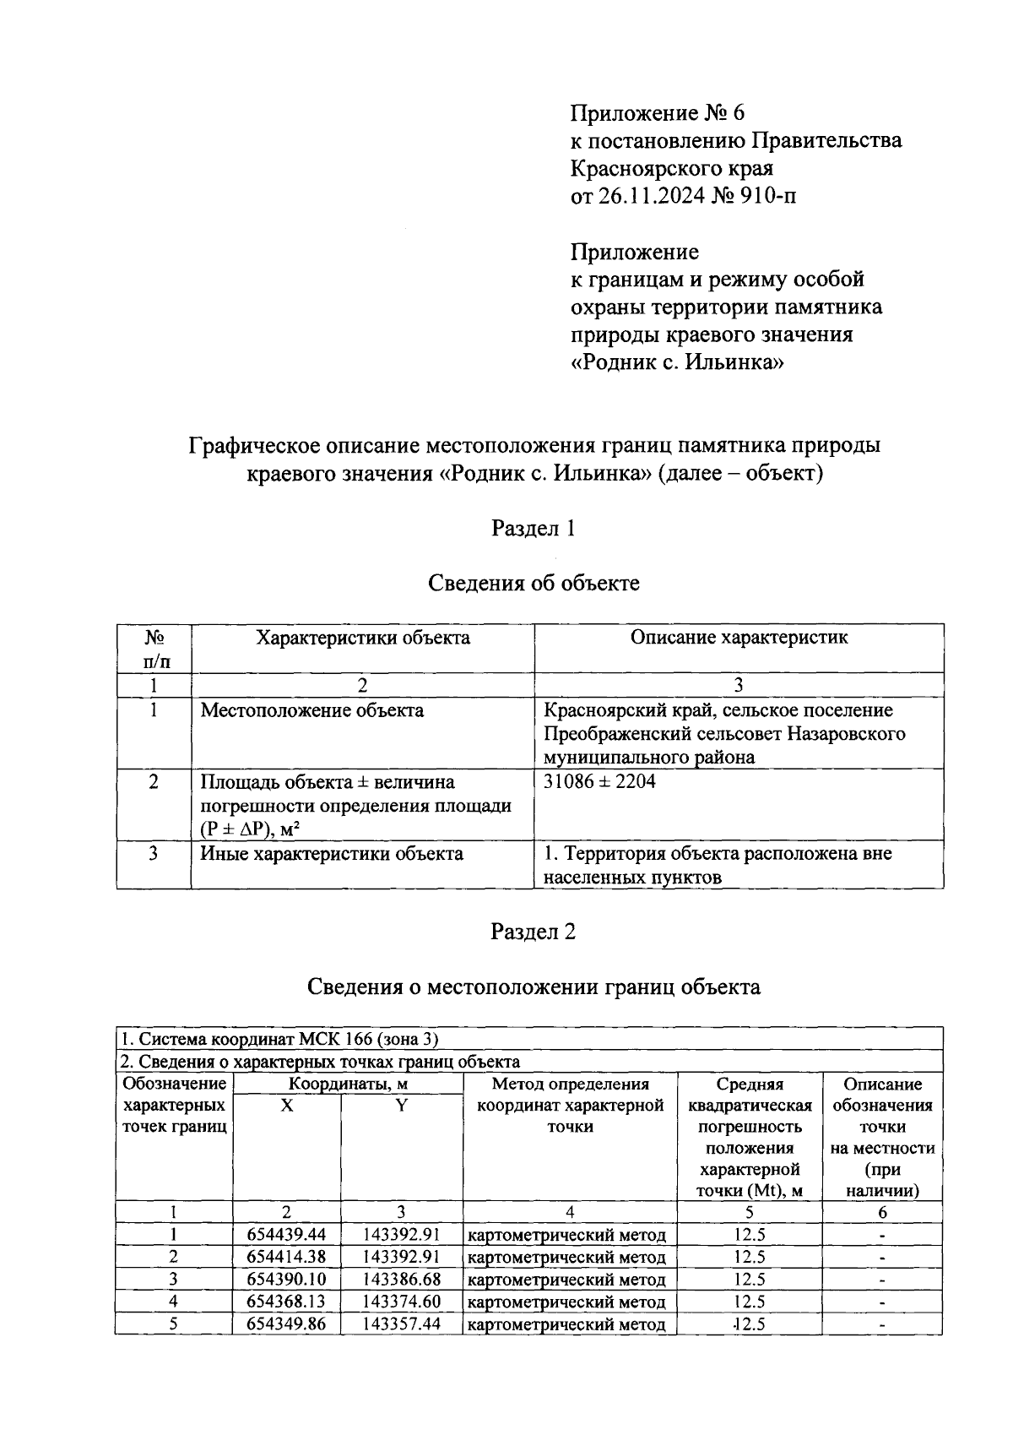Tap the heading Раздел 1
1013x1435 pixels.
click(534, 529)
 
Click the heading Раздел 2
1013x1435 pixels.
click(534, 932)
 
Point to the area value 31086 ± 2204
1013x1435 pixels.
click(599, 781)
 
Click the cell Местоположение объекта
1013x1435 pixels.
click(311, 710)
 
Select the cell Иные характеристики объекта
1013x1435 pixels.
click(331, 854)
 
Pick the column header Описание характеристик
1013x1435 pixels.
click(739, 638)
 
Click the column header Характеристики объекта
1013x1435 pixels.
click(363, 638)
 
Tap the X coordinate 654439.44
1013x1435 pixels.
click(286, 1235)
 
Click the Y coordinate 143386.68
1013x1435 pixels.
click(402, 1280)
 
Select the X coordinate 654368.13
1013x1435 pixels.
click(286, 1302)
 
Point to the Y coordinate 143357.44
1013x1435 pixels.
click(402, 1324)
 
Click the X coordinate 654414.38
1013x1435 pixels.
click(286, 1257)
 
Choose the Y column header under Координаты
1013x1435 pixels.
click(402, 1106)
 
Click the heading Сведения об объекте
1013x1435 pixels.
click(534, 583)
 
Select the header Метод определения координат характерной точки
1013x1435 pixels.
click(570, 1106)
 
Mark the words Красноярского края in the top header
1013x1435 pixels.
click(672, 169)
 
